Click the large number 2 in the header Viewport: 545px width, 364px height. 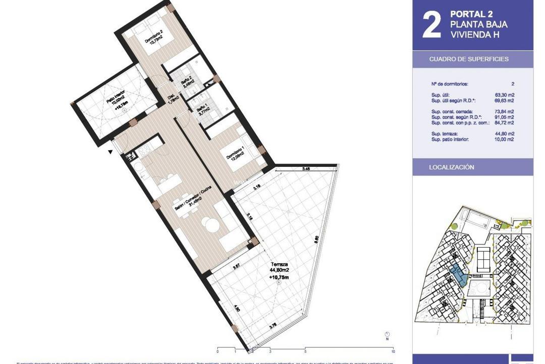[431, 25]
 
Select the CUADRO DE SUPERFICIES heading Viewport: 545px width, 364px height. [469, 59]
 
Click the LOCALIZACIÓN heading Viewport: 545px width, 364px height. [452, 167]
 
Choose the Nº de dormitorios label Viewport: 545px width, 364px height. [451, 84]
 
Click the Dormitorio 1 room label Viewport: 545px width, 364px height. [237, 154]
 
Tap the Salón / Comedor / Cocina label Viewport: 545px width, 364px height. [192, 201]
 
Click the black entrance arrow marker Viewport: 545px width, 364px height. [110, 151]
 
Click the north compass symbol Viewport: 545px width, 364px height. [387, 335]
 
